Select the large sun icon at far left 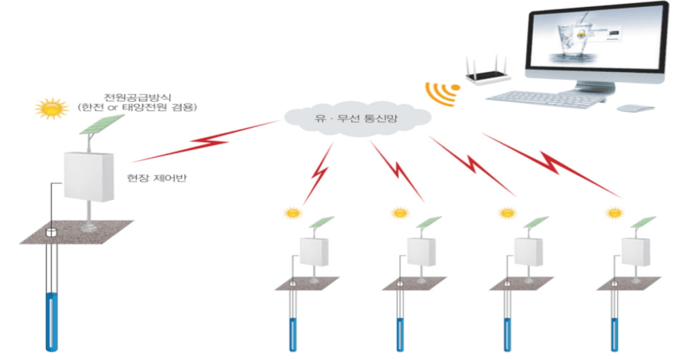[x=52, y=109]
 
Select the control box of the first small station [x=313, y=250]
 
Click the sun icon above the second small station [x=398, y=213]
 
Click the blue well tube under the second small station [x=398, y=332]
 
